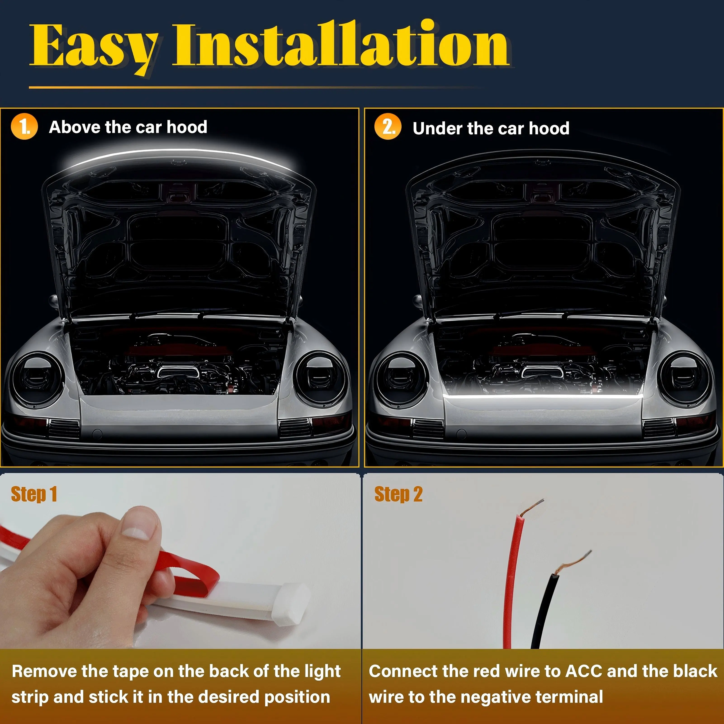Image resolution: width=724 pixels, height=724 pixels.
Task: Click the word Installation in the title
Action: coord(340,44)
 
